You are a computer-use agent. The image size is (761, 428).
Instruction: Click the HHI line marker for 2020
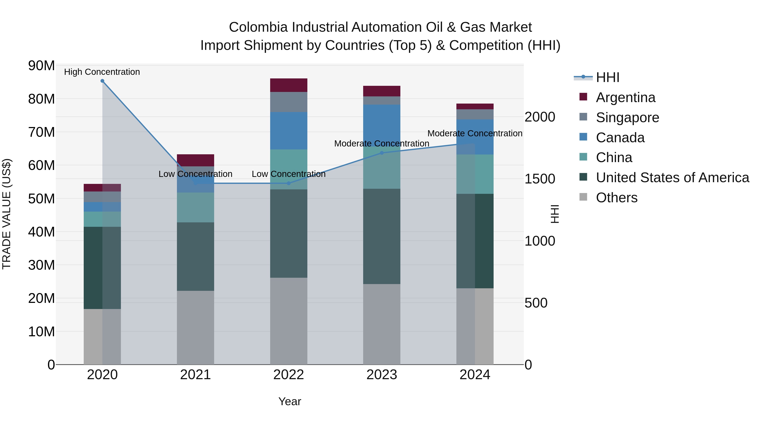[102, 81]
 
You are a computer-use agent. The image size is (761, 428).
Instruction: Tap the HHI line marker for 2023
[382, 153]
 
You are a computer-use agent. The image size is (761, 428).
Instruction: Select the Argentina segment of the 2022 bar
[289, 85]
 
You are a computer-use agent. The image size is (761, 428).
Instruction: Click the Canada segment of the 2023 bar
[382, 125]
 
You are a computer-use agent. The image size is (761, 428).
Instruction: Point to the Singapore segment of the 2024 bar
[475, 114]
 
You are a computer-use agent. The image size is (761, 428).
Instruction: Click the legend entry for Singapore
[627, 118]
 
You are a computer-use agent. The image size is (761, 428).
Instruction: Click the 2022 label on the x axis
[289, 375]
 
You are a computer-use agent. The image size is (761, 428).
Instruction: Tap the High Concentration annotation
[102, 72]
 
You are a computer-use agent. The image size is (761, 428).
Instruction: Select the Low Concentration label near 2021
[195, 174]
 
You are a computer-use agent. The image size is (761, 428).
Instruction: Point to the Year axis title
[290, 401]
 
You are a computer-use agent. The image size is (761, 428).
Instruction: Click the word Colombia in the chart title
[258, 27]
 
